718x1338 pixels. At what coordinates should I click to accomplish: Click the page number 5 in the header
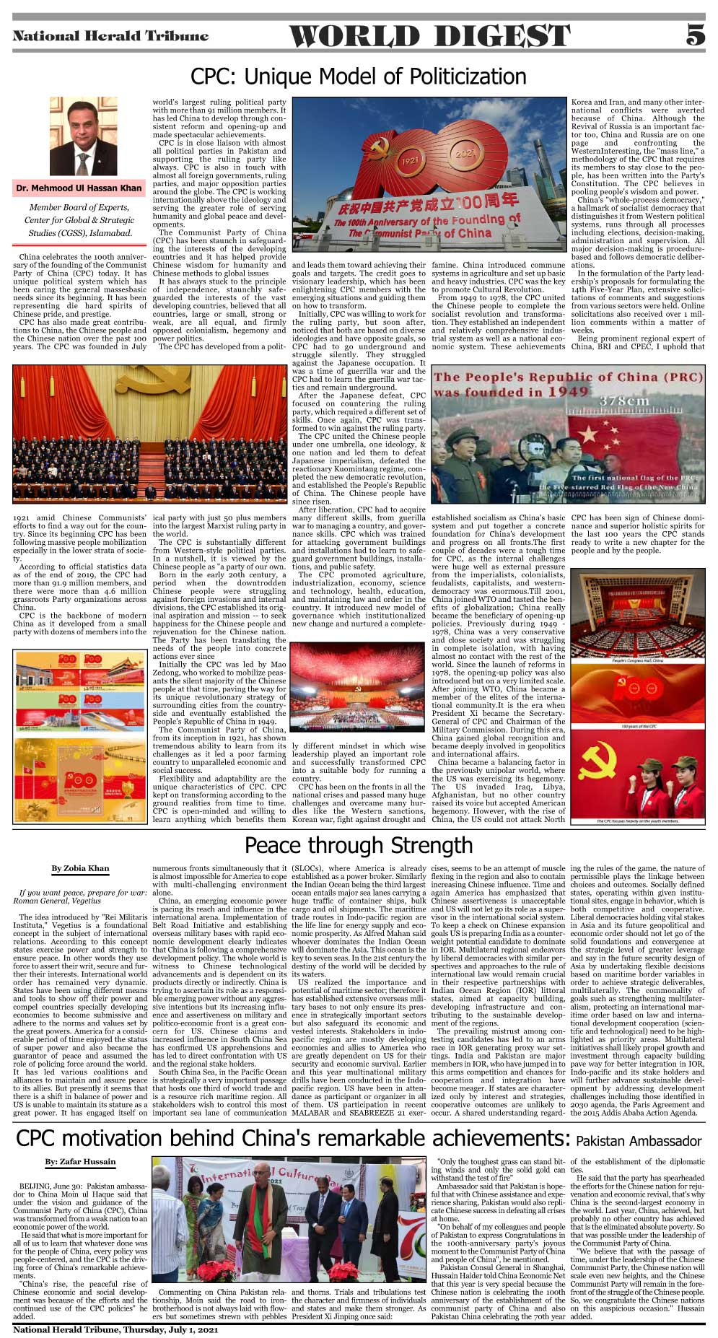[x=694, y=35]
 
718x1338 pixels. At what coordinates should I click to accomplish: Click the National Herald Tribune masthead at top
[x=110, y=36]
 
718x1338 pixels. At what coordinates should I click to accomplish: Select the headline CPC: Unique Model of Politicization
[x=358, y=76]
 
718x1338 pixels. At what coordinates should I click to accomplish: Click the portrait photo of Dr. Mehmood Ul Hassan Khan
[x=83, y=136]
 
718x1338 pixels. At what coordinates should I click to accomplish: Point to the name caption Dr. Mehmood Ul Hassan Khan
[x=79, y=188]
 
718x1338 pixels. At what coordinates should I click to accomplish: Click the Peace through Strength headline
[x=359, y=845]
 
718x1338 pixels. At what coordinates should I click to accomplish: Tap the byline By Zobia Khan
[x=80, y=868]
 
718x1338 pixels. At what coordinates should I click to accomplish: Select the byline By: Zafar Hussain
[x=80, y=1161]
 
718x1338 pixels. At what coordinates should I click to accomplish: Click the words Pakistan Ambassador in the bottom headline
[x=639, y=1141]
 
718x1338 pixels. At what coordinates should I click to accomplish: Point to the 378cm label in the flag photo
[x=624, y=401]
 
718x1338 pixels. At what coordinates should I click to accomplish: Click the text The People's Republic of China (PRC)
[x=568, y=377]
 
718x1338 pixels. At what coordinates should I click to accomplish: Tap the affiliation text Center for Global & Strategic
[x=79, y=220]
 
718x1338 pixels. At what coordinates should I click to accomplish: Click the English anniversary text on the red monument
[x=426, y=226]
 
